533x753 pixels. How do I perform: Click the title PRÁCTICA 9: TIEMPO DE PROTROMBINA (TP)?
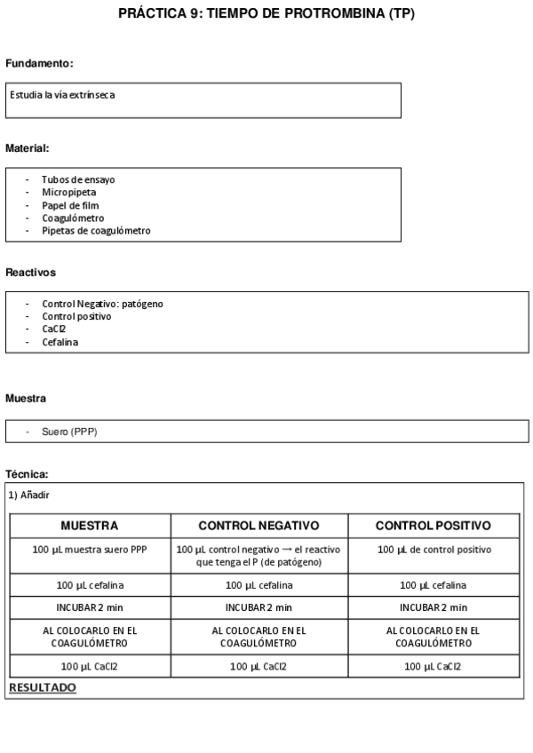coord(266,15)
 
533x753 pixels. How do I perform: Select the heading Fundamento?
coord(39,64)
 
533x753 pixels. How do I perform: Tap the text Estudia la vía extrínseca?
coord(62,94)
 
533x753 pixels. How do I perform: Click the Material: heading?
coord(27,148)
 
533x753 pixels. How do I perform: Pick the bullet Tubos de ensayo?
coord(77,179)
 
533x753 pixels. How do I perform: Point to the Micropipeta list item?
coord(68,192)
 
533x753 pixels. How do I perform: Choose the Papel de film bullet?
coord(70,205)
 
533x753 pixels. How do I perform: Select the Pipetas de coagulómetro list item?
coord(96,231)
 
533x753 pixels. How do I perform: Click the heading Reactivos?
coord(30,273)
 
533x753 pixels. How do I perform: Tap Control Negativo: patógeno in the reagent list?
coord(102,304)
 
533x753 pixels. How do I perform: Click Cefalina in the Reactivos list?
coord(60,342)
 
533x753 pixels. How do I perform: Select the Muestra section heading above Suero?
coord(26,399)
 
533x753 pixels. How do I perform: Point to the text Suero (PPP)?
coord(69,432)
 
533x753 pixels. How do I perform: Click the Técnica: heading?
coord(27,474)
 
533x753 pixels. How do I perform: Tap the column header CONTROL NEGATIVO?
coord(259,526)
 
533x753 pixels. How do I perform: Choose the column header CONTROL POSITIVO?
coord(434,526)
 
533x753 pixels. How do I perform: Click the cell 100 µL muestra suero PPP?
coord(90,550)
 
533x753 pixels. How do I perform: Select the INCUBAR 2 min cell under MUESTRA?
coord(90,607)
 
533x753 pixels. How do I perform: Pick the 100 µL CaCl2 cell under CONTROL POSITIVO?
coord(434,665)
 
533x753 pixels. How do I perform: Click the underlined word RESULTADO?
coord(43,687)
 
